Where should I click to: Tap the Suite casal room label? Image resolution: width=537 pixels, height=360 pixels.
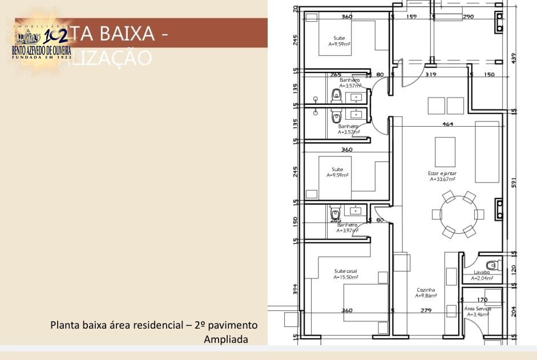pyautogui.click(x=346, y=271)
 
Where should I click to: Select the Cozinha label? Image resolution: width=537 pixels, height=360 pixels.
pyautogui.click(x=426, y=290)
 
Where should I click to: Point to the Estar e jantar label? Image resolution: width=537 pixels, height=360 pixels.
pyautogui.click(x=442, y=173)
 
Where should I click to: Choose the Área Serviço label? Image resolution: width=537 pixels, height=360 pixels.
pyautogui.click(x=478, y=309)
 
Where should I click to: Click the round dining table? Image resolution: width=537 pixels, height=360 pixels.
pyautogui.click(x=458, y=215)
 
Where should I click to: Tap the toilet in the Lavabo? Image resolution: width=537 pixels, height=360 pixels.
pyautogui.click(x=492, y=265)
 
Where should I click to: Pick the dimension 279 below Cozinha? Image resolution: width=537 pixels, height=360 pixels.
pyautogui.click(x=426, y=310)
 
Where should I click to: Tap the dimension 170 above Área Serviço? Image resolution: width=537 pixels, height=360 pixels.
pyautogui.click(x=482, y=300)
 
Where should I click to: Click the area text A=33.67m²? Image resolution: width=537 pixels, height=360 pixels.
pyautogui.click(x=442, y=179)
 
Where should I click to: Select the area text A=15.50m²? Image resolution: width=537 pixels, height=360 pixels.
pyautogui.click(x=346, y=277)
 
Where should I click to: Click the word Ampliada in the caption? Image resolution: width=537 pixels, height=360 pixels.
pyautogui.click(x=226, y=339)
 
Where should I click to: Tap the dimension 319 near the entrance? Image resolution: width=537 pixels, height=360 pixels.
pyautogui.click(x=431, y=75)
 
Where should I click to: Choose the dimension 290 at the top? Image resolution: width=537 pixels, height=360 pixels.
pyautogui.click(x=468, y=17)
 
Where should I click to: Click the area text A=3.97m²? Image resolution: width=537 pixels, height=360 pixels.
pyautogui.click(x=347, y=230)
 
